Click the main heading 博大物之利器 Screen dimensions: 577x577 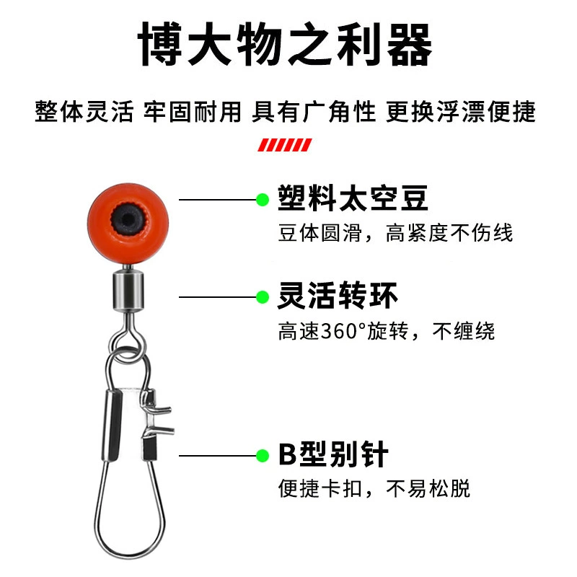(285, 44)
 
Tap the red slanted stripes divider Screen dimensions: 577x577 (285, 145)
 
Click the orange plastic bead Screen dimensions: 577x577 (128, 224)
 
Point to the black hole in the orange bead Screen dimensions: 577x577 (128, 220)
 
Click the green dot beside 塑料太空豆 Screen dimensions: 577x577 (263, 200)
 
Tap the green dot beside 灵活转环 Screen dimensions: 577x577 (263, 297)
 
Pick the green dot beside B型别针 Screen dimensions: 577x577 (263, 456)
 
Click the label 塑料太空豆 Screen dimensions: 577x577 (353, 198)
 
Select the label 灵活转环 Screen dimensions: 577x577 (338, 296)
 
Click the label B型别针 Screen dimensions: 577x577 (333, 454)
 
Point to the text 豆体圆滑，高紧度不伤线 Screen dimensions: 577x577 (395, 233)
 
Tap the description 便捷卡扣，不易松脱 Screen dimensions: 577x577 (374, 489)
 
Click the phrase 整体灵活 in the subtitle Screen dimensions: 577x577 (84, 112)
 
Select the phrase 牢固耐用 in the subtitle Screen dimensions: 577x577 (193, 112)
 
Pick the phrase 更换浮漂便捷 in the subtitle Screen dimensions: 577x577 (460, 112)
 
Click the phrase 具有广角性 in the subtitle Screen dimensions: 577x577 (314, 112)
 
